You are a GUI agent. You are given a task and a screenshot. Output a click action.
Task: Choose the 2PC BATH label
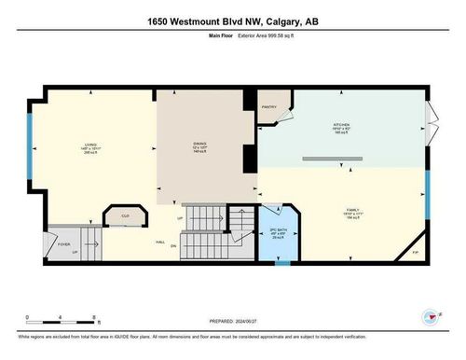coord(276,228)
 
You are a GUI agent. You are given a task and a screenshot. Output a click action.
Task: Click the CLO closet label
coord(125,215)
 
